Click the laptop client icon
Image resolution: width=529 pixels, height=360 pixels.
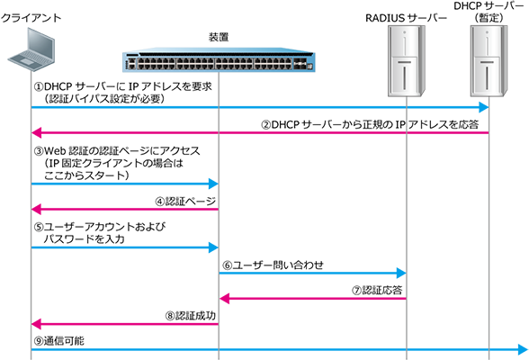point(31,49)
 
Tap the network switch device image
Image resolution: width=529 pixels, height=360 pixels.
point(219,60)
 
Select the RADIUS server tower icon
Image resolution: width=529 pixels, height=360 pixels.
point(406,61)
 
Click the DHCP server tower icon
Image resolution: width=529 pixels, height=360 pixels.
point(489,61)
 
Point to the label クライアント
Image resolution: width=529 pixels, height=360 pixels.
point(31,18)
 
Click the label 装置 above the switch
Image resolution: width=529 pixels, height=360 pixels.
point(219,37)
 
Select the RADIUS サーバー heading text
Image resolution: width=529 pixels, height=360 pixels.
point(406,18)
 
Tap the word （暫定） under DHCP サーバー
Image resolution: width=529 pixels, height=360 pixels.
point(489,18)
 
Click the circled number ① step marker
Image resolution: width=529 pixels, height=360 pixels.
point(39,86)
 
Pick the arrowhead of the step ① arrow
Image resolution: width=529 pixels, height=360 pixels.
point(484,108)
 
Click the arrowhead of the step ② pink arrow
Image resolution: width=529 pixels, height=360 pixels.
point(36,132)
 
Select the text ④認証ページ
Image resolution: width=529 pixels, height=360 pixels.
point(185,202)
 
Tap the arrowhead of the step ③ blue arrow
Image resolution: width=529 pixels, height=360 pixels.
point(213,184)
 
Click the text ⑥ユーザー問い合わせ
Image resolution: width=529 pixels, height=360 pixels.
point(273,265)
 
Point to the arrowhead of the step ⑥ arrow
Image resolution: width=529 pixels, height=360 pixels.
point(401,273)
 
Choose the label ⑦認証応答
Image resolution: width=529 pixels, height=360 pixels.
point(377,291)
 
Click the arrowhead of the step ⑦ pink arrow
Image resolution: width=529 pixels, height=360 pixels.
point(224,299)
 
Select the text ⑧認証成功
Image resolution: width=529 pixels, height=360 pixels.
point(191,316)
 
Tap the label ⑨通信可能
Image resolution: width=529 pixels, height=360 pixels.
point(59,341)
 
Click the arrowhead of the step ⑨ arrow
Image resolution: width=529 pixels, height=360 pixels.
point(523,349)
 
